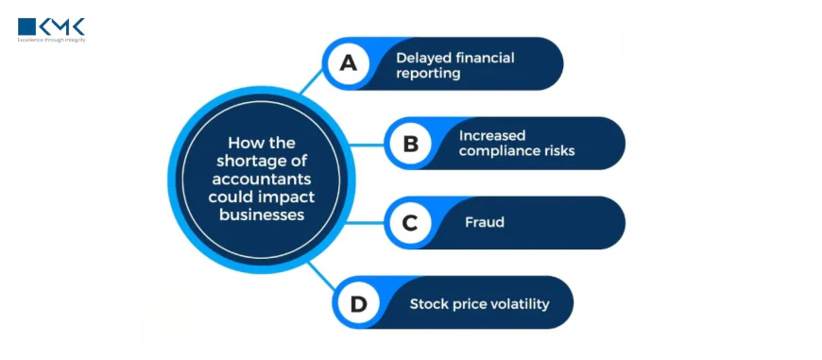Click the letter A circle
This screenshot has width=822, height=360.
(349, 63)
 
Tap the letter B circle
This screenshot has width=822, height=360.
(410, 144)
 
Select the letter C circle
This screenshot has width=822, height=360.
(410, 223)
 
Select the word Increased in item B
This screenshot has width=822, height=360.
(491, 135)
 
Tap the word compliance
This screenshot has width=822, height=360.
(500, 150)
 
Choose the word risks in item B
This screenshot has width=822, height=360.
(558, 150)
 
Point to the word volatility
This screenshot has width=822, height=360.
(517, 304)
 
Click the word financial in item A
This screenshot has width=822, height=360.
(484, 58)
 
